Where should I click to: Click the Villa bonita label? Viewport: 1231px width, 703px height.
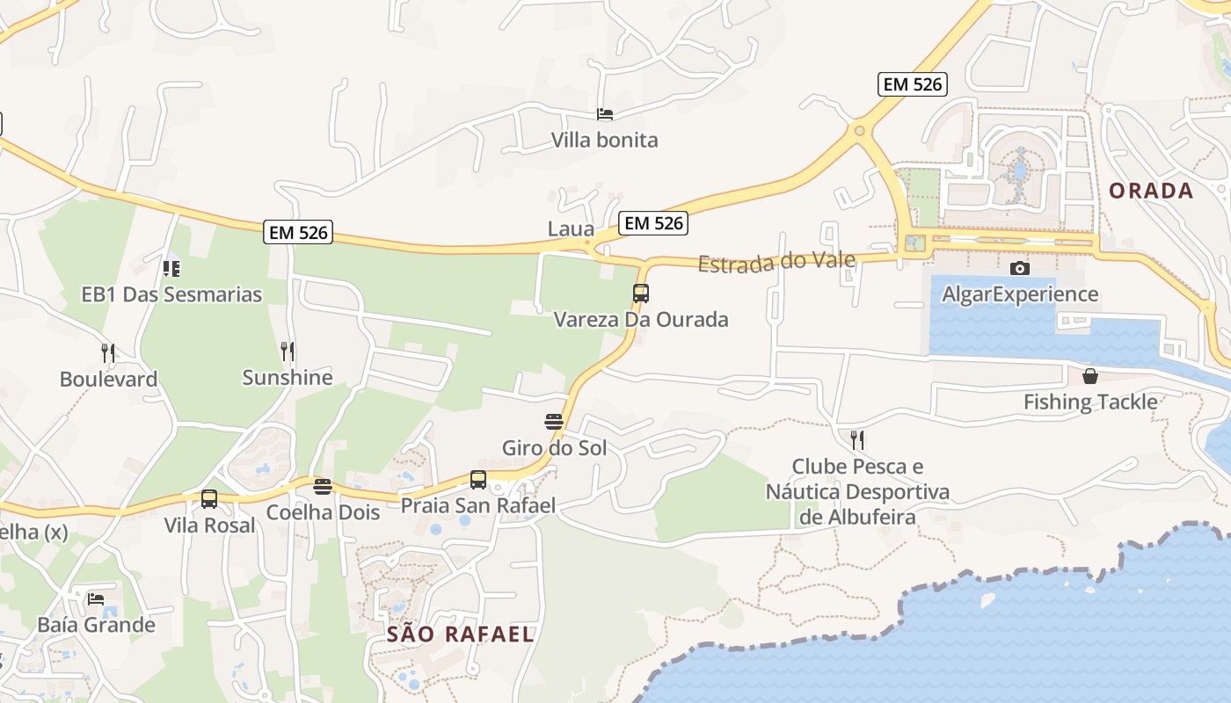tap(604, 140)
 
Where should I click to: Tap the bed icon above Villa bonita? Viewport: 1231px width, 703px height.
tap(604, 113)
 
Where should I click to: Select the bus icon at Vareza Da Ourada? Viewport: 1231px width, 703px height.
tap(641, 294)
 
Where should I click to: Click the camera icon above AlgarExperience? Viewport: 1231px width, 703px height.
tap(1020, 268)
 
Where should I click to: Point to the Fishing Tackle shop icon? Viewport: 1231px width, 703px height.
tap(1090, 376)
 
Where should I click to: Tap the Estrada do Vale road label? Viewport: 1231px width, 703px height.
tap(776, 262)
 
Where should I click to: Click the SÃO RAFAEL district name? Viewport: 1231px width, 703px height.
tap(460, 634)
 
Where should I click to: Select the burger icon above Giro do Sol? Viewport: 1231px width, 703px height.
tap(554, 422)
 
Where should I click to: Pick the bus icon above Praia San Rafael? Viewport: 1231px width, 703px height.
tap(478, 480)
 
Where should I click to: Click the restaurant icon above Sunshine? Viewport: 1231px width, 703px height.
tap(288, 351)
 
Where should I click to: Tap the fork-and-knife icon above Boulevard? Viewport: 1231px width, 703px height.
tap(108, 353)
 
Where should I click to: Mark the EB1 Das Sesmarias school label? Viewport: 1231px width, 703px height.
tap(171, 294)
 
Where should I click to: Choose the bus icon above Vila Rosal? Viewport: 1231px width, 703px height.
tap(209, 499)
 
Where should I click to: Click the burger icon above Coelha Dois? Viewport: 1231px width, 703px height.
tap(323, 487)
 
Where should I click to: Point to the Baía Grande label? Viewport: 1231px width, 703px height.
tap(96, 625)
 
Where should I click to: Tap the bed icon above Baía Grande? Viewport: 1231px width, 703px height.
tap(96, 599)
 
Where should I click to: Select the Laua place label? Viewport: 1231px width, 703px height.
tap(571, 229)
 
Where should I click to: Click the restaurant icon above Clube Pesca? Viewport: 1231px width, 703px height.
tap(857, 439)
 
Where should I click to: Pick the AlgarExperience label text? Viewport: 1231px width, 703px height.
tap(1020, 294)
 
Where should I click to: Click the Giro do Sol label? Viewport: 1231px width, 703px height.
tap(554, 447)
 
